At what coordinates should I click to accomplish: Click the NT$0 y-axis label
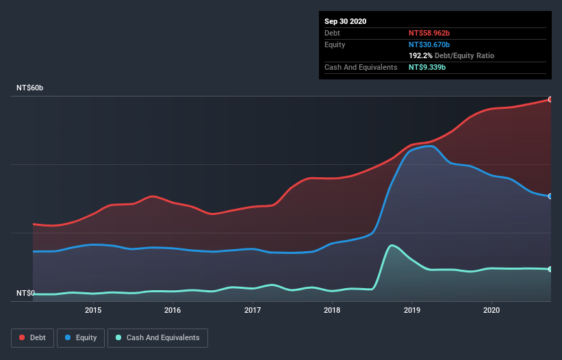(25, 294)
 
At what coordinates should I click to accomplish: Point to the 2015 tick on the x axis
(93, 310)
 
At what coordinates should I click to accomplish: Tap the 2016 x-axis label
(173, 310)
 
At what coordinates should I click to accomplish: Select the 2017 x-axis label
(253, 310)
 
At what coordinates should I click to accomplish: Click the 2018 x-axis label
(332, 310)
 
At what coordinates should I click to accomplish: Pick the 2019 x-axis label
(412, 310)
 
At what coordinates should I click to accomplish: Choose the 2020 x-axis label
(491, 310)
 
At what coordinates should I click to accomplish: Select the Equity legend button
(81, 337)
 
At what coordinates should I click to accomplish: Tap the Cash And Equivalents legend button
(157, 337)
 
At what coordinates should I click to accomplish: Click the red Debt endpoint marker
(550, 99)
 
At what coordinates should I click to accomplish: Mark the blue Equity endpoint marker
(550, 196)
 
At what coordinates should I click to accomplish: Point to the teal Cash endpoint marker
(550, 269)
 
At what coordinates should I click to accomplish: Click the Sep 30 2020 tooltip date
(345, 21)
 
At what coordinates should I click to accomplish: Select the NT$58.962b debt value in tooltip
(429, 33)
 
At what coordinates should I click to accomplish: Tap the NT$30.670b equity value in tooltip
(429, 44)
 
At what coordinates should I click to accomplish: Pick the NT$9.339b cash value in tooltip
(427, 67)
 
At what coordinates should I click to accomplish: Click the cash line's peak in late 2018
(392, 245)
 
